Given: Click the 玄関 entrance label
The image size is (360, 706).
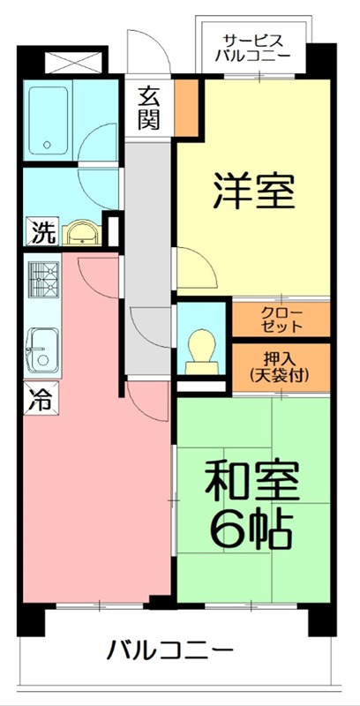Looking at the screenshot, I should coord(148,106).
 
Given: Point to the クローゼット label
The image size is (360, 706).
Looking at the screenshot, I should coord(281,319).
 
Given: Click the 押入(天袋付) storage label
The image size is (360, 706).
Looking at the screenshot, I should coord(281,368).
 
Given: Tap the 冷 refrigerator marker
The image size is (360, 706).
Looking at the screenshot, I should coord(41,399).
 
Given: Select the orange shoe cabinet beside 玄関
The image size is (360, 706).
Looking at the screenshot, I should coord(186,103).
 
